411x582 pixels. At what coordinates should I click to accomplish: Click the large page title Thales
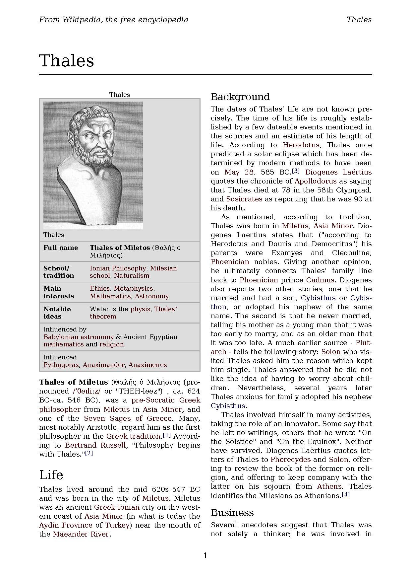point(67,61)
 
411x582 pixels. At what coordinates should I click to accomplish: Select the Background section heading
point(240,97)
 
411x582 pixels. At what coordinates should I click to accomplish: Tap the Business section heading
point(232,513)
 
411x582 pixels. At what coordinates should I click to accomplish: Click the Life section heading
point(51,475)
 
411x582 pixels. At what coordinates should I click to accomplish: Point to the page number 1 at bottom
point(205,555)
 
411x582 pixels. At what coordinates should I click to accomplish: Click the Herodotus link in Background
point(301,145)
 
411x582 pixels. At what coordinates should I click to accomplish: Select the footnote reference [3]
point(296,171)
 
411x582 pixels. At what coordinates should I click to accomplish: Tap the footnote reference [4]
point(345,494)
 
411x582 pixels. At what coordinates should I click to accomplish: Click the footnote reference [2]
point(89,453)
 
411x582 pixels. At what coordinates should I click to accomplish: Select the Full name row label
point(61,248)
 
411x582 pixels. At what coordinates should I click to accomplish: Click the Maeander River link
point(81,534)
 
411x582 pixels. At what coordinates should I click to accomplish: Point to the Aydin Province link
point(66,525)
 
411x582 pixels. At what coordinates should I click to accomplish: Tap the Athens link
point(329,486)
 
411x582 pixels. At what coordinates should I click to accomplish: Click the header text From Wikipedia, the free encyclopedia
point(113,20)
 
